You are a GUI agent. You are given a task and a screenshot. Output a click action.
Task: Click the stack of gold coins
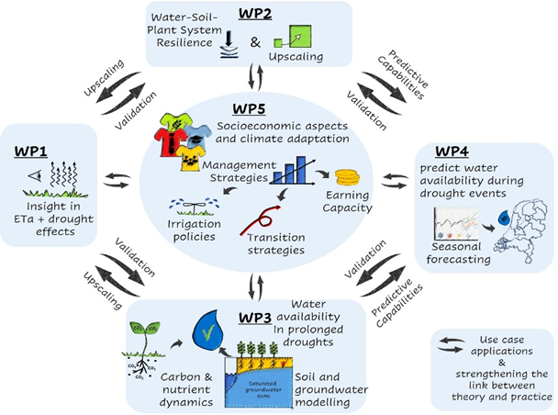(x=349, y=177)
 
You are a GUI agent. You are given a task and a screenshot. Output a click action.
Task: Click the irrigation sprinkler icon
(x=189, y=205)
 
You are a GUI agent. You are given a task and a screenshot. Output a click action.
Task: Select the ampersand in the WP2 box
(x=255, y=41)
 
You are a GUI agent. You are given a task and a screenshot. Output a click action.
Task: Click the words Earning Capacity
(x=349, y=202)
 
